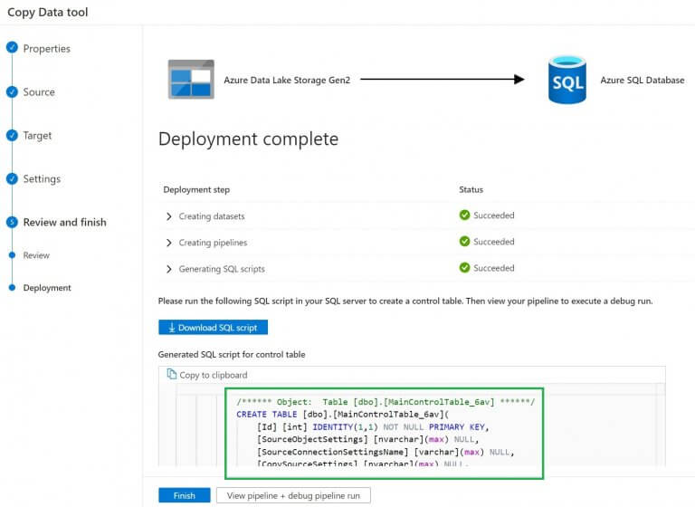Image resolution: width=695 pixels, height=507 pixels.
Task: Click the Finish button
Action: [x=184, y=495]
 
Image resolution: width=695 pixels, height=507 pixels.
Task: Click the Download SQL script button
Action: [x=213, y=328]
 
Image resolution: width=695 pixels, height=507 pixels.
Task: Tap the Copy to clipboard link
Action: [x=207, y=375]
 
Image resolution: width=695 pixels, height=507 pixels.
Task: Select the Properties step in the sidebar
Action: [x=46, y=49]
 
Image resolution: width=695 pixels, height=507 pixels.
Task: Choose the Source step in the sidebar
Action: [x=39, y=92]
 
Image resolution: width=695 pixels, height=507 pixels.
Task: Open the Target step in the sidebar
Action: [x=37, y=136]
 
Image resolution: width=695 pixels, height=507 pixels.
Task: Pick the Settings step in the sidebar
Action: [x=42, y=179]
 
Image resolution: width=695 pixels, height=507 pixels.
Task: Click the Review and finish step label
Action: [x=64, y=222]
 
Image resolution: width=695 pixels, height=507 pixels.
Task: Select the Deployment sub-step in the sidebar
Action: [x=47, y=288]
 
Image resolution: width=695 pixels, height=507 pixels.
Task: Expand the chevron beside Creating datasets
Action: [x=169, y=216]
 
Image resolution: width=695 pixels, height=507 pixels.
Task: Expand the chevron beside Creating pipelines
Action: [x=169, y=243]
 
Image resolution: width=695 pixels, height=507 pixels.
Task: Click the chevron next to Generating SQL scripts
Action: [x=169, y=269]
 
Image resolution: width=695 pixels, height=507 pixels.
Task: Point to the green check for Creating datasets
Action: [x=464, y=215]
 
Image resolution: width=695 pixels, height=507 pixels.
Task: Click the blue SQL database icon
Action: [x=567, y=80]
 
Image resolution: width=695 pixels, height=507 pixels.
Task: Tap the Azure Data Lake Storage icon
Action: [x=191, y=80]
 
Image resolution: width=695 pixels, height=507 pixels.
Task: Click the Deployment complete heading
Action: [x=248, y=139]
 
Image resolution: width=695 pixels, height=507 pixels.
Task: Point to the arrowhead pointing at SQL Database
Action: [x=519, y=80]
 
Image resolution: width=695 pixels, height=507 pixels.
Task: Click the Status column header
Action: [x=471, y=190]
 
